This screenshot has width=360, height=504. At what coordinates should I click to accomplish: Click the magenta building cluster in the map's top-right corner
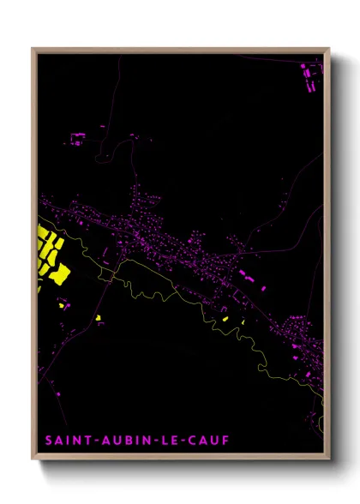310,75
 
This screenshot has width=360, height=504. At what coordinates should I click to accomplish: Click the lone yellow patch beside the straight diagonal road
98,318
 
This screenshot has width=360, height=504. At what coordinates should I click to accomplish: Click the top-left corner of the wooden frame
33,49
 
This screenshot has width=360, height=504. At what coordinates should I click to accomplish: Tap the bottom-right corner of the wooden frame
328,459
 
